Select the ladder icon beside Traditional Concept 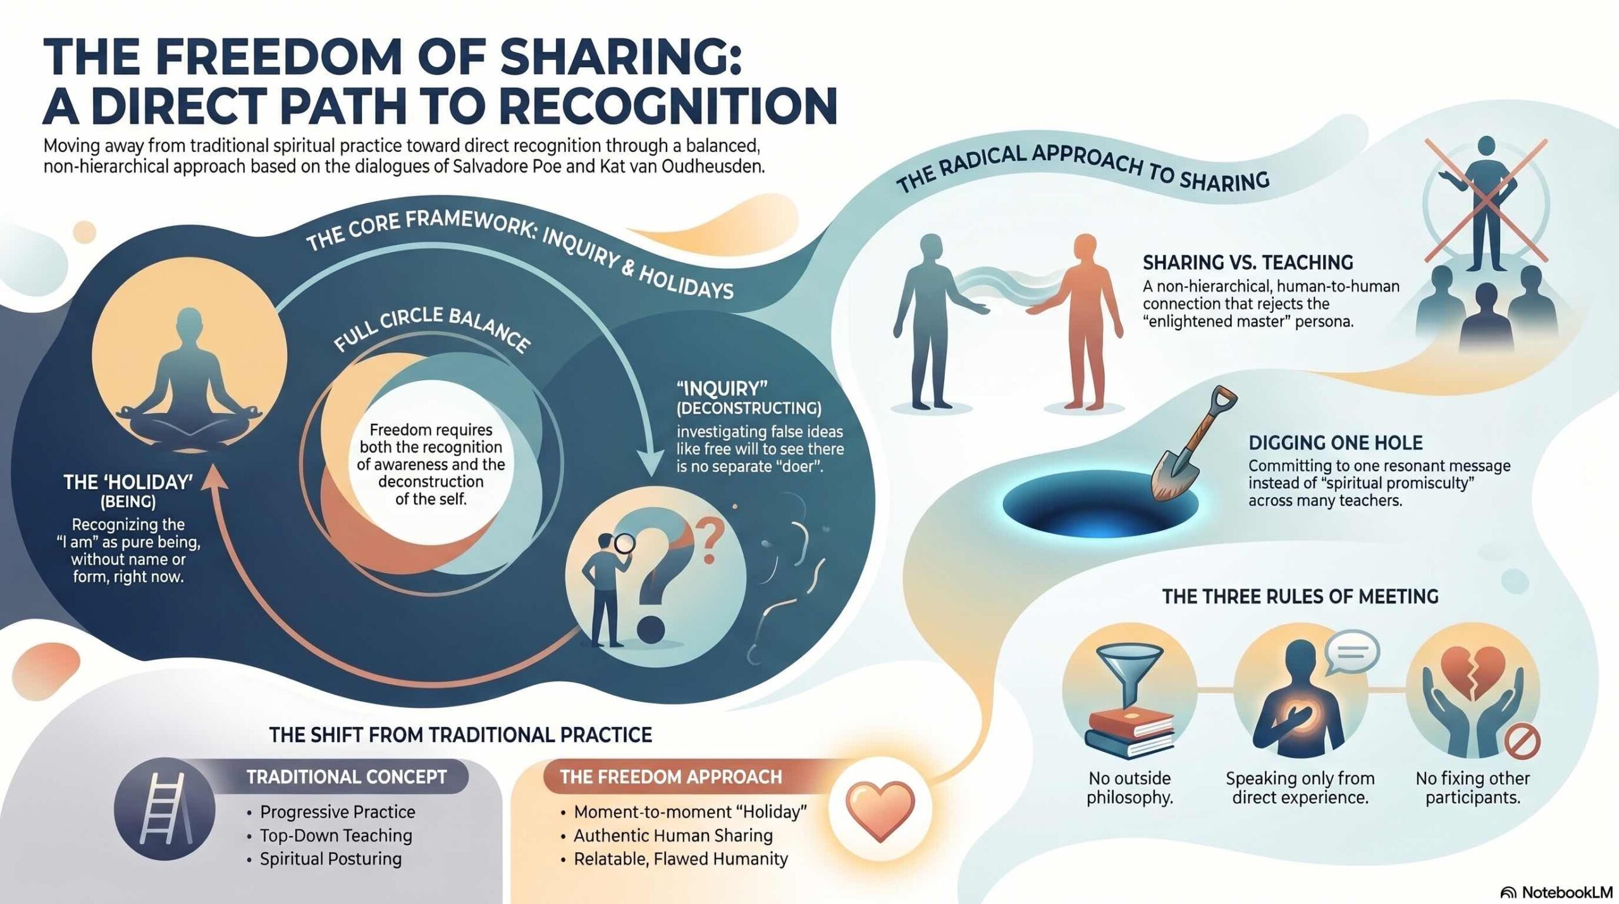click(163, 809)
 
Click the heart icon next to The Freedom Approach click(880, 810)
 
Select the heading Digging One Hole click(1335, 442)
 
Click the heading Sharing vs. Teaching click(1248, 262)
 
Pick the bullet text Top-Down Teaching click(336, 835)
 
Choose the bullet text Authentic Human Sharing click(673, 835)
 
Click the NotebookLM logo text click(1573, 892)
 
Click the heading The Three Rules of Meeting click(1300, 596)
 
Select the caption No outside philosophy click(1130, 788)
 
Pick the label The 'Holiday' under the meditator click(128, 483)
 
